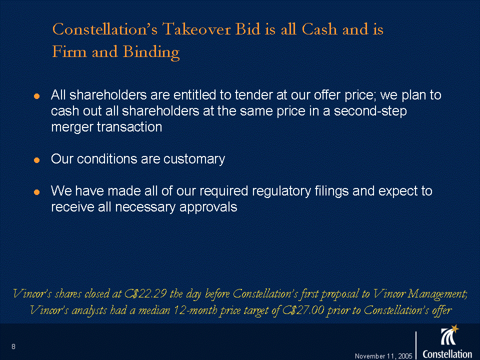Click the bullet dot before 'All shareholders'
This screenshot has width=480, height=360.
(x=36, y=96)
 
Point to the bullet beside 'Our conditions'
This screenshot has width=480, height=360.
(x=36, y=160)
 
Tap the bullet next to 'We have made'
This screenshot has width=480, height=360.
(x=36, y=192)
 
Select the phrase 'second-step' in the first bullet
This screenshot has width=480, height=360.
(x=370, y=111)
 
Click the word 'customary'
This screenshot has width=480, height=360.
(x=194, y=159)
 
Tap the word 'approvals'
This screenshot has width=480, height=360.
(x=208, y=207)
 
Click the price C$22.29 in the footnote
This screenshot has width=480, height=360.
(x=145, y=293)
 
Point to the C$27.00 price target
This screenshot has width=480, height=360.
(x=303, y=310)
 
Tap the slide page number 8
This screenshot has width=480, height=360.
(x=13, y=346)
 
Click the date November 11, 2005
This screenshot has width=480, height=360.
(x=383, y=356)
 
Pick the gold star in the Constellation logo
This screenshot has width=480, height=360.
(x=455, y=328)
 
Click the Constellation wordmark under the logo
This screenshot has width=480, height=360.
(x=447, y=354)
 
